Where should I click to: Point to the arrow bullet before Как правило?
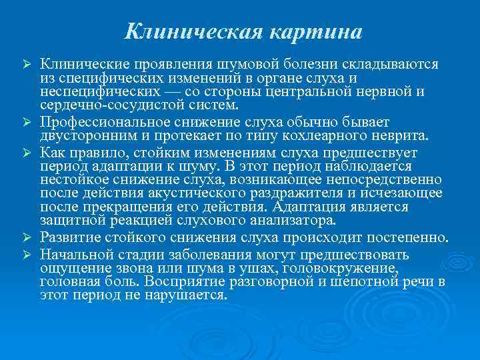(x=27, y=151)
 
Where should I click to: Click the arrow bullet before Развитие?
(x=27, y=237)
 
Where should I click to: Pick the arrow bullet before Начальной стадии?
(x=27, y=254)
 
